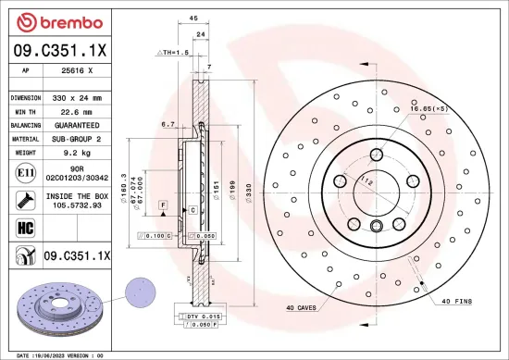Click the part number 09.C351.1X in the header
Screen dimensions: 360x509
tap(59, 53)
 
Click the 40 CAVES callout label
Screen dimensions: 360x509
tap(304, 307)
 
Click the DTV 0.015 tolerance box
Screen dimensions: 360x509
tap(192, 317)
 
